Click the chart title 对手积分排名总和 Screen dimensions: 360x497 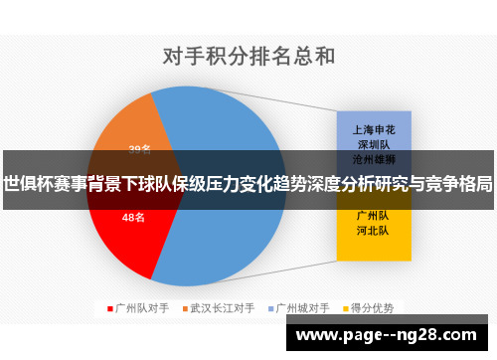(248, 54)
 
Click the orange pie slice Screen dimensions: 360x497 (124, 134)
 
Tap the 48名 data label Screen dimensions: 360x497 (133, 217)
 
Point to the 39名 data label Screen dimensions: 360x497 (140, 150)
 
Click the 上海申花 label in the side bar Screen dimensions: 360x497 (374, 129)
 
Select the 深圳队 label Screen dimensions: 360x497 (374, 143)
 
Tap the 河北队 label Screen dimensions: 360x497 (374, 229)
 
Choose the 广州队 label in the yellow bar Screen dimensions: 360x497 (374, 214)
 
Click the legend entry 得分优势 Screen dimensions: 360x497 (372, 308)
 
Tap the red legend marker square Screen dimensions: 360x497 (110, 308)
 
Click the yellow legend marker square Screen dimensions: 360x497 (344, 308)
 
